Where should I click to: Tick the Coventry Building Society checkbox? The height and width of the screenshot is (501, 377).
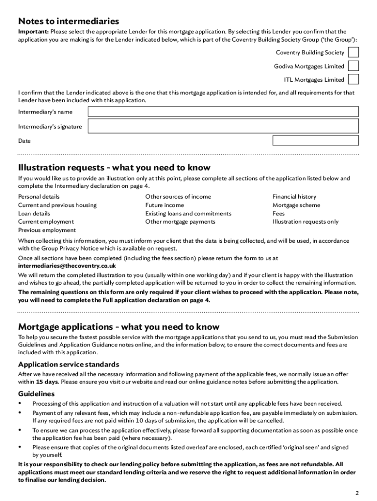[x=353, y=52]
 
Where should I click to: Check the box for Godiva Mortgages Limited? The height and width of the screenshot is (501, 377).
[x=353, y=66]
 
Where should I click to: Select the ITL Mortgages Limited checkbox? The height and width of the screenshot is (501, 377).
[x=353, y=79]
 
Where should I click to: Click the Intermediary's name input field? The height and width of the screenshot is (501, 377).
[x=223, y=112]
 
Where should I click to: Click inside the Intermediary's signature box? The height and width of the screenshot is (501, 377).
[x=223, y=127]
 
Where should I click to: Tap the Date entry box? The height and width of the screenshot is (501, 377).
[x=315, y=141]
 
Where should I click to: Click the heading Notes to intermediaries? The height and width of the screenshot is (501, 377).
[x=69, y=21]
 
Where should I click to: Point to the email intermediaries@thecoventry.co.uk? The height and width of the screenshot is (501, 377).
[x=67, y=266]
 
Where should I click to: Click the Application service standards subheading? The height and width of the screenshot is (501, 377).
[x=69, y=364]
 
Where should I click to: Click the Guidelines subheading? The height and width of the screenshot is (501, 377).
[x=36, y=393]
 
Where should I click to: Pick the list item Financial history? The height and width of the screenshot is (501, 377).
[x=294, y=197]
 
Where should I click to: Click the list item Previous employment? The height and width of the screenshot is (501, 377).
[x=47, y=230]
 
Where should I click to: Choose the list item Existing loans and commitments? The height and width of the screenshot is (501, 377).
[x=188, y=213]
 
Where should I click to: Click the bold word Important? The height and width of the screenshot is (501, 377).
[x=33, y=32]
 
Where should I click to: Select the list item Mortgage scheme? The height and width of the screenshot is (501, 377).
[x=296, y=205]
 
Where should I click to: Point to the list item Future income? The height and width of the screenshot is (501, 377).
[x=165, y=205]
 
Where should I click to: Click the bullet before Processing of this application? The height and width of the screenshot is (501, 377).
[x=20, y=404]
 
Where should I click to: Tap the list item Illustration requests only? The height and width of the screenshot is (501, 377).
[x=306, y=222]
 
